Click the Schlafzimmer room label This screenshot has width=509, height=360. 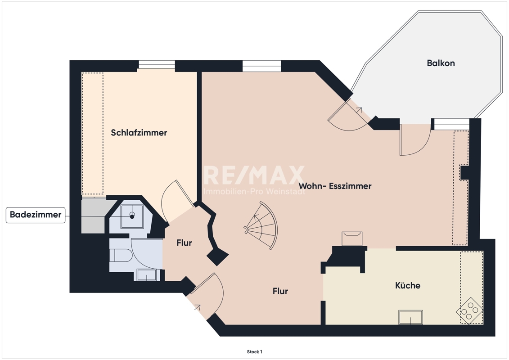coord(139,132)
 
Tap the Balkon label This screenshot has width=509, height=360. coord(441,63)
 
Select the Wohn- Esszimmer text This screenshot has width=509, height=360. coord(335,186)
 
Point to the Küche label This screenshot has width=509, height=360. coord(408,285)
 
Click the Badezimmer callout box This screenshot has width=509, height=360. coord(36,215)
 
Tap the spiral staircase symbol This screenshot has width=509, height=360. coord(261,225)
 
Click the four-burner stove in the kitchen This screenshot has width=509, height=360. coord(469,310)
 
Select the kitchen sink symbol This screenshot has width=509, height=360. coord(410,317)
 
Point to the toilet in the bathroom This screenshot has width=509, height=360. coord(120,255)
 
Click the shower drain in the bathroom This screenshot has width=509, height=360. coord(132,216)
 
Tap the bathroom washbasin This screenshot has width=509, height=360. coord(147,275)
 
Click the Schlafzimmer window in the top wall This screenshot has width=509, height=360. coord(157,64)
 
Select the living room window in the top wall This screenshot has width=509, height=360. coord(261,66)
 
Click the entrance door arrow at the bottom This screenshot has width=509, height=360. coord(198,307)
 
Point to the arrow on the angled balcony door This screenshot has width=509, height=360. coord(359,109)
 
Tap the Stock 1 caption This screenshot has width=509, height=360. coord(255,351)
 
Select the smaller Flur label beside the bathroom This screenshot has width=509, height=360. coord(185,243)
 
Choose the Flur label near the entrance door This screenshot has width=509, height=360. coord(280,291)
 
